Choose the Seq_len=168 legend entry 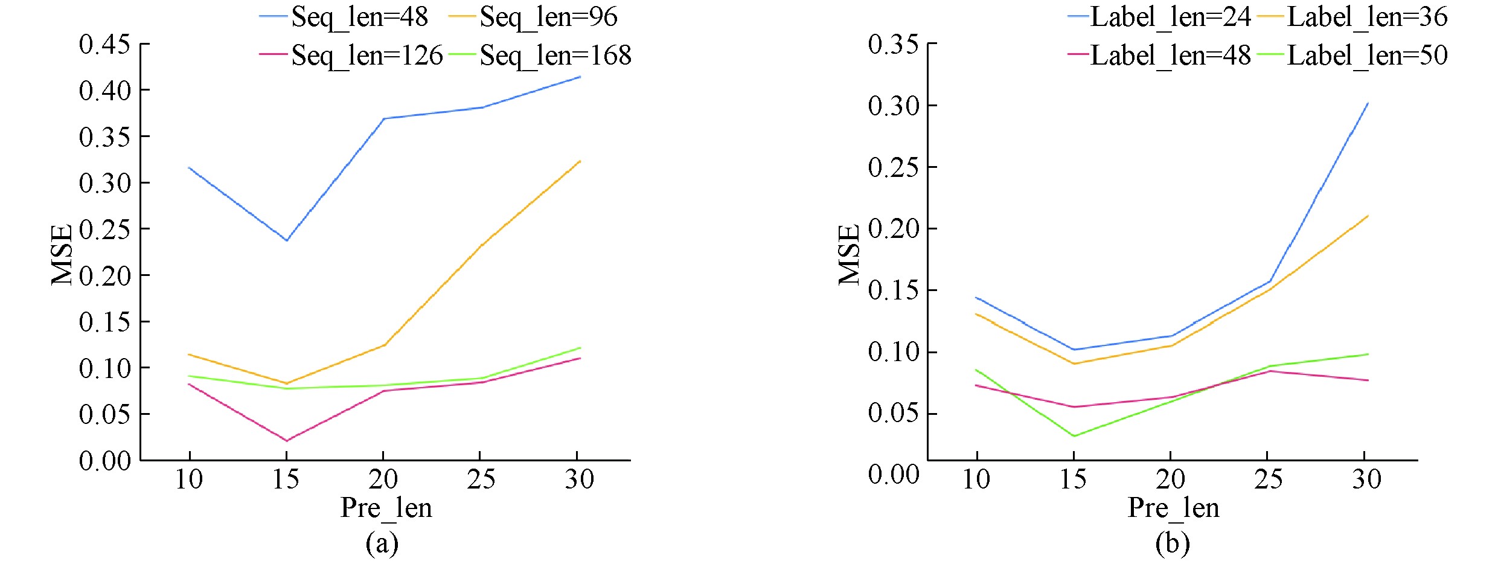(x=555, y=56)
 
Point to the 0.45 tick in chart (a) (x=104, y=44)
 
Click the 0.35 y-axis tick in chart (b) (x=894, y=44)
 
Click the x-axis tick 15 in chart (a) (x=286, y=479)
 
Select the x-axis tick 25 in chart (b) (x=1268, y=479)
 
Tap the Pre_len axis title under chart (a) (x=386, y=507)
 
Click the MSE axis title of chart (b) (x=849, y=254)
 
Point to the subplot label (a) (x=382, y=543)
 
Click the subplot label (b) (x=1173, y=543)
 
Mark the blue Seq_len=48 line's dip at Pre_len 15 (x=287, y=240)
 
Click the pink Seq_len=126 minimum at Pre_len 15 (x=287, y=441)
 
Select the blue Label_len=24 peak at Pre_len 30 (x=1368, y=103)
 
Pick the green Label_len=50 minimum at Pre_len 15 (x=1074, y=436)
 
